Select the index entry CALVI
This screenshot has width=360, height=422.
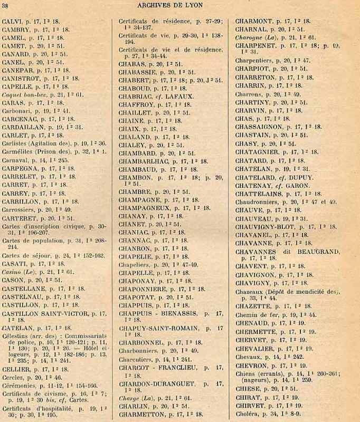[13, 22]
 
